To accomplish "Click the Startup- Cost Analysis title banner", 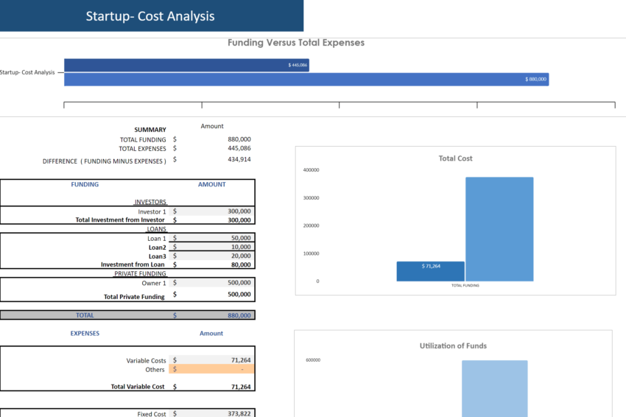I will click(151, 15).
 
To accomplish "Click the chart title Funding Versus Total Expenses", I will click(295, 43).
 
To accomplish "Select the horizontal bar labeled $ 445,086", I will click(186, 65).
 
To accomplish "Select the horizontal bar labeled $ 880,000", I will click(306, 79).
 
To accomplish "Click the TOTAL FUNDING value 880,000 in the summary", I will click(239, 139).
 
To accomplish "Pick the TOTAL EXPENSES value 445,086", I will click(239, 148).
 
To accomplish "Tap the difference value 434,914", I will click(239, 159).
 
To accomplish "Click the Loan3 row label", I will click(157, 256).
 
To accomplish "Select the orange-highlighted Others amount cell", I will click(211, 369).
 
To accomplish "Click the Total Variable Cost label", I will click(138, 387).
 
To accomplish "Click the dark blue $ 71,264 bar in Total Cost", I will click(430, 271).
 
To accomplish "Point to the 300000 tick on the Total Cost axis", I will click(311, 198).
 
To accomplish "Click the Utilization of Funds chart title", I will click(453, 346).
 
